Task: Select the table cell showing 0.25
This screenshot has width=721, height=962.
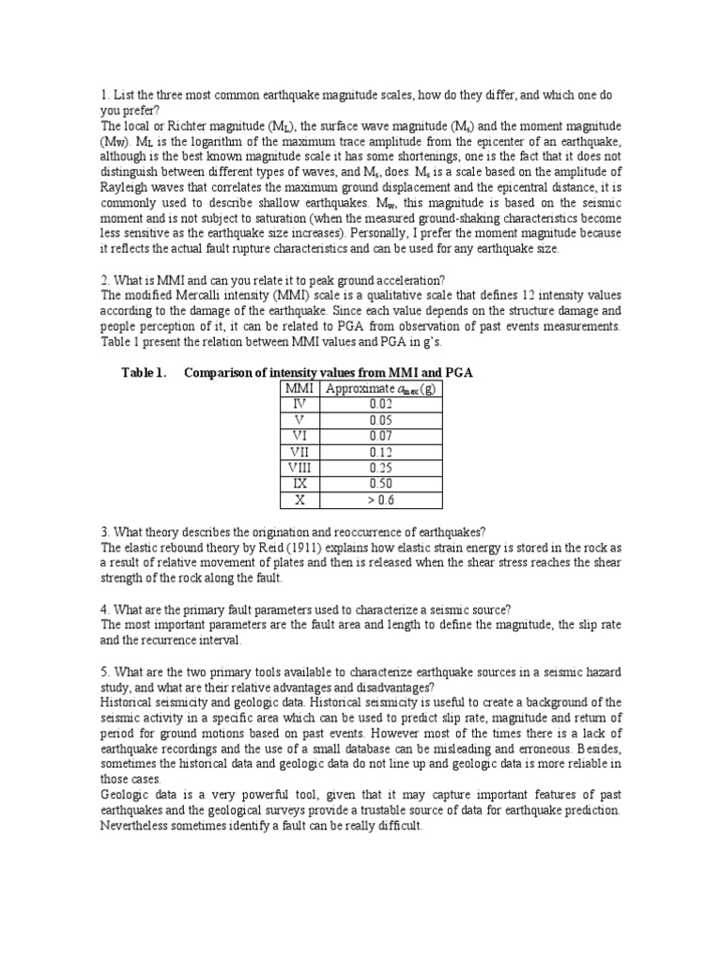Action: click(380, 467)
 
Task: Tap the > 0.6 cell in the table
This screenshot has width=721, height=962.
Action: click(380, 500)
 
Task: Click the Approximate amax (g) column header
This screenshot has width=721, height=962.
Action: click(380, 390)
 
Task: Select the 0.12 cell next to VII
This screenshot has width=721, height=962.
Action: click(380, 451)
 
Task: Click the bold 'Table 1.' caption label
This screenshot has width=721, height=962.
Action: click(144, 373)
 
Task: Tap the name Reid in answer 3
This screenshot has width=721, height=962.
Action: click(287, 547)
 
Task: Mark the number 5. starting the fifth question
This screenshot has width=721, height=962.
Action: click(105, 672)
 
